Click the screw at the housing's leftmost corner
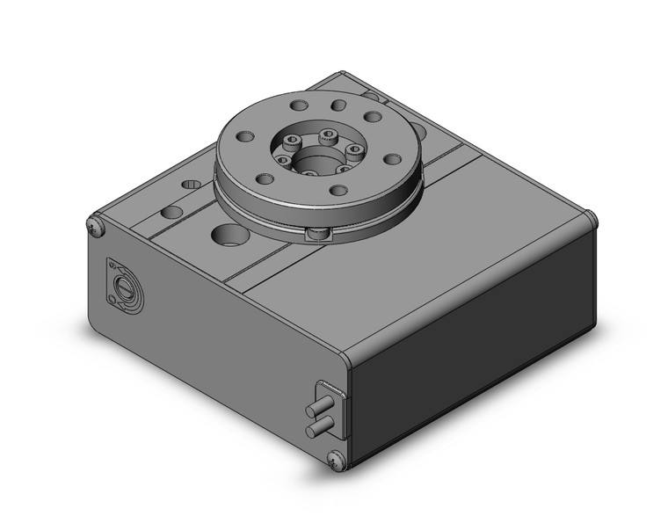pyautogui.click(x=97, y=227)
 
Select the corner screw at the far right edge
pyautogui.click(x=592, y=218)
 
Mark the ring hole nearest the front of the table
pyautogui.click(x=338, y=191)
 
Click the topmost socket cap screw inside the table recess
pyautogui.click(x=328, y=134)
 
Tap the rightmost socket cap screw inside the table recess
pyautogui.click(x=354, y=150)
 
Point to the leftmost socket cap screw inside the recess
pyautogui.click(x=284, y=160)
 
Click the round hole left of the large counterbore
pyautogui.click(x=172, y=212)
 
